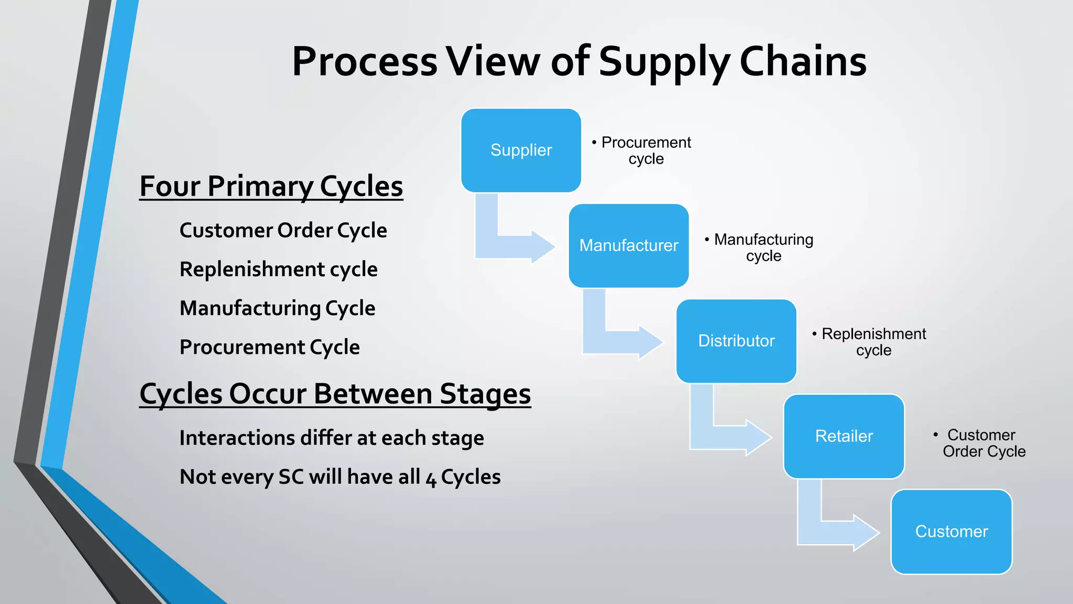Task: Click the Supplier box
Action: pos(521,150)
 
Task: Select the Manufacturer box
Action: pos(629,245)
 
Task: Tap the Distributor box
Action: pos(736,341)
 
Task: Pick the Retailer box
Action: pos(844,436)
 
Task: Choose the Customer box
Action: pos(951,532)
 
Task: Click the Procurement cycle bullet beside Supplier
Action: pos(645,150)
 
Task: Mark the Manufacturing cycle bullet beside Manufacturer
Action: pos(763,247)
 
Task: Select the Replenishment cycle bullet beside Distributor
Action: pos(873,342)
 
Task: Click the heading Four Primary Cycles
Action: pos(271,187)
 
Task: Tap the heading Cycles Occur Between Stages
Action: pos(335,394)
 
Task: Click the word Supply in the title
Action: pos(664,62)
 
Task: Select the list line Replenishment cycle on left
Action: pos(278,269)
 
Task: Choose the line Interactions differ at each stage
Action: pos(331,438)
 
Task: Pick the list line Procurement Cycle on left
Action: pos(269,347)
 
